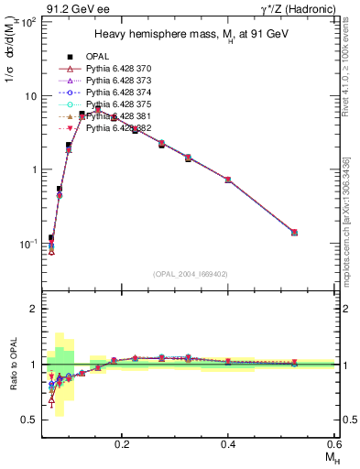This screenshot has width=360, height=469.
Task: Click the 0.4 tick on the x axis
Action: pos(228,442)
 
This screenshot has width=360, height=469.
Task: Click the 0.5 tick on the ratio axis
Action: pos(32,420)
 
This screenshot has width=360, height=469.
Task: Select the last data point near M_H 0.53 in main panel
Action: pos(294,233)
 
